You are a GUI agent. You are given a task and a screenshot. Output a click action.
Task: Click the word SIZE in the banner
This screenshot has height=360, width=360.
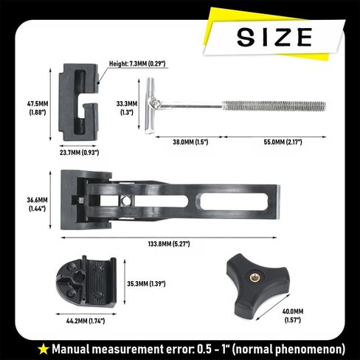[274, 37]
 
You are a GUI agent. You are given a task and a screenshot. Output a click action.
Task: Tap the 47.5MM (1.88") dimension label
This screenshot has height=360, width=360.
[38, 108]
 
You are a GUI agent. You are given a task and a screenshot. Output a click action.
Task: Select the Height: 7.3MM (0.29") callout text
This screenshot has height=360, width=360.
[137, 64]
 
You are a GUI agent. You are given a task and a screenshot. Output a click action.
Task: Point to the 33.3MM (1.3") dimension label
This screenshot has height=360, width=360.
[127, 108]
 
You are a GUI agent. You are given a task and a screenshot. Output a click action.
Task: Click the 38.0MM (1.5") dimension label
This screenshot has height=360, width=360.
[190, 142]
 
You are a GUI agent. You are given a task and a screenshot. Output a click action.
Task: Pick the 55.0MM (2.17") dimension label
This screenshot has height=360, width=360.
[283, 142]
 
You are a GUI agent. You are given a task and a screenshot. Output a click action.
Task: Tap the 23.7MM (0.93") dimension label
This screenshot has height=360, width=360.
[80, 153]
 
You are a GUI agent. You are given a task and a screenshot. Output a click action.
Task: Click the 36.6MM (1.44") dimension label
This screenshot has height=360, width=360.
[37, 204]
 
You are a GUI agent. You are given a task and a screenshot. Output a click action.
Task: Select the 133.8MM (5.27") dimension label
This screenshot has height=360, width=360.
[169, 244]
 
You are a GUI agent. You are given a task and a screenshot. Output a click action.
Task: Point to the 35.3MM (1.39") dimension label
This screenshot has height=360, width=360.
[146, 284]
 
